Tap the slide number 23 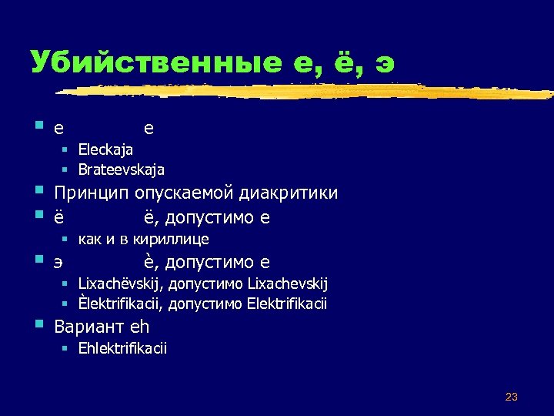511,397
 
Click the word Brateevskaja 121,169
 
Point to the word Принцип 92,193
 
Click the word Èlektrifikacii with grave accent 120,304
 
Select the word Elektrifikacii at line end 287,304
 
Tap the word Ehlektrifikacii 122,348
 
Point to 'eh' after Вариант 139,326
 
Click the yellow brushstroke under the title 308,91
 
